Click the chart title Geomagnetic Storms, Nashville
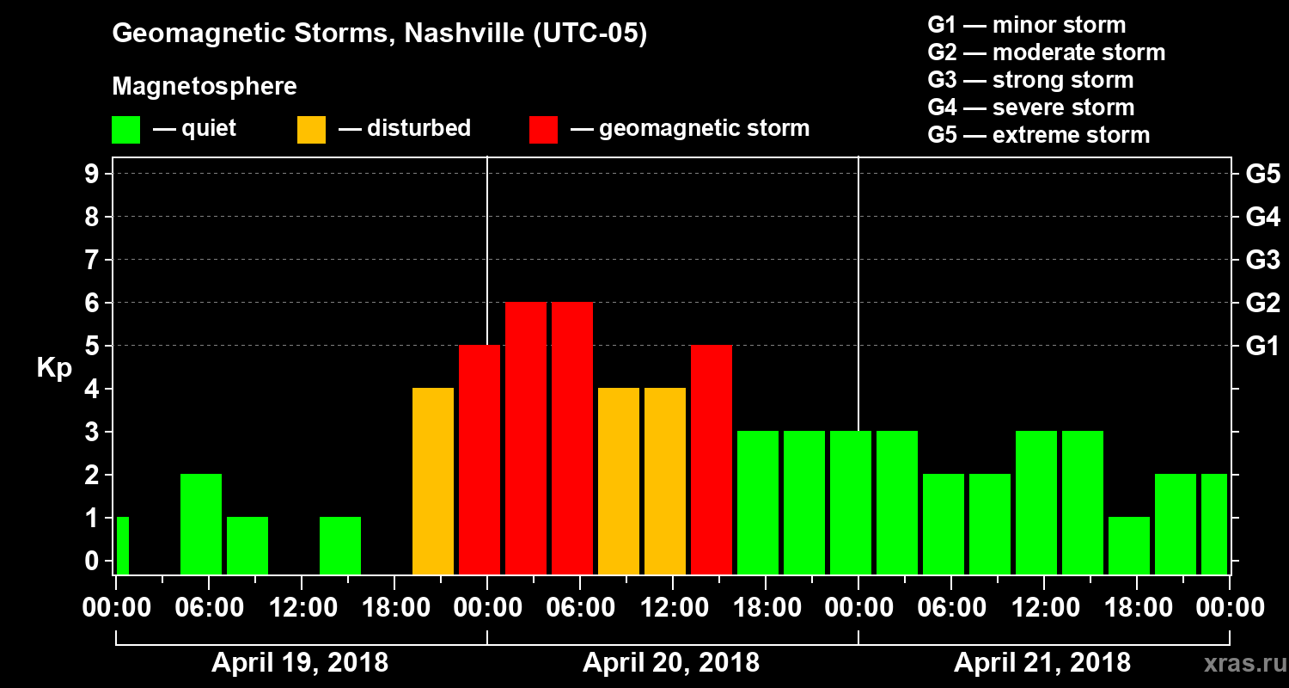click(x=379, y=34)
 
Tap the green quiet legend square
click(x=125, y=129)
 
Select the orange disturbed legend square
click(x=311, y=129)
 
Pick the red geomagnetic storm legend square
click(x=543, y=129)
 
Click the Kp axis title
click(x=54, y=367)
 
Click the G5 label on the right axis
click(x=1262, y=174)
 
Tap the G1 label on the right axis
click(x=1262, y=346)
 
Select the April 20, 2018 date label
click(x=671, y=663)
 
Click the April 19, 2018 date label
click(x=300, y=663)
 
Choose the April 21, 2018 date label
click(x=1042, y=663)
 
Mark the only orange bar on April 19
click(x=433, y=481)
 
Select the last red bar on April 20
click(x=712, y=459)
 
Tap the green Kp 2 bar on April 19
click(x=201, y=524)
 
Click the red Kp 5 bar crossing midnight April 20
click(x=480, y=459)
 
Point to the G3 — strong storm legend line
click(x=1030, y=80)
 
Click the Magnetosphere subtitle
click(x=205, y=87)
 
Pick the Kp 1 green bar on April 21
click(x=1129, y=545)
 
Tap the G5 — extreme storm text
click(x=1038, y=135)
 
